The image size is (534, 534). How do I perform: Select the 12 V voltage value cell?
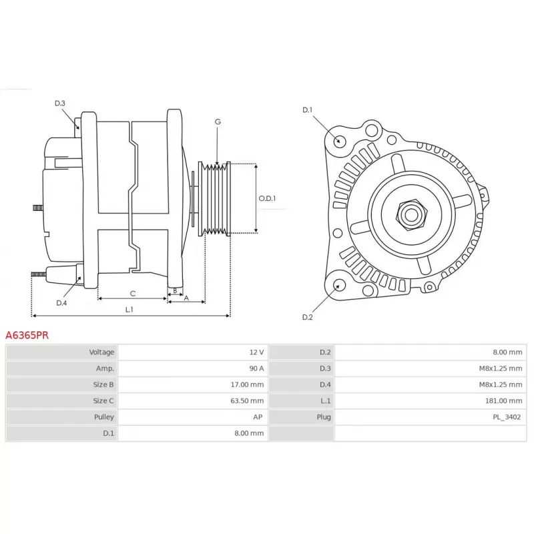tap(256, 352)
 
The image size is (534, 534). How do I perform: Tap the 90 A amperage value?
tap(256, 368)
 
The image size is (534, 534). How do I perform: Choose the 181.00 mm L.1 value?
tap(505, 400)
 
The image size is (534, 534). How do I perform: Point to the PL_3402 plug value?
tap(507, 417)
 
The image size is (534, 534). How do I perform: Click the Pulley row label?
tap(103, 417)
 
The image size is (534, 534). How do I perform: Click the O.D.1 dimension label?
tap(267, 198)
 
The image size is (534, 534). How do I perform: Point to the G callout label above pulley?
tap(218, 122)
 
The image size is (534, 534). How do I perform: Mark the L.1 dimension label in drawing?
tap(129, 310)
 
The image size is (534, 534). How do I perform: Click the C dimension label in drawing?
tap(132, 293)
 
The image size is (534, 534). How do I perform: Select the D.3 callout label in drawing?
tap(60, 103)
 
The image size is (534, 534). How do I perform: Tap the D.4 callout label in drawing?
tap(61, 303)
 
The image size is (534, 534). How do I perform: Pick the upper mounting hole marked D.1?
tap(339, 140)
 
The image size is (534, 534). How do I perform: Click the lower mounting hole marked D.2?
tap(338, 286)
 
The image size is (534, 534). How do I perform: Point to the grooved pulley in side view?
tap(214, 198)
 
